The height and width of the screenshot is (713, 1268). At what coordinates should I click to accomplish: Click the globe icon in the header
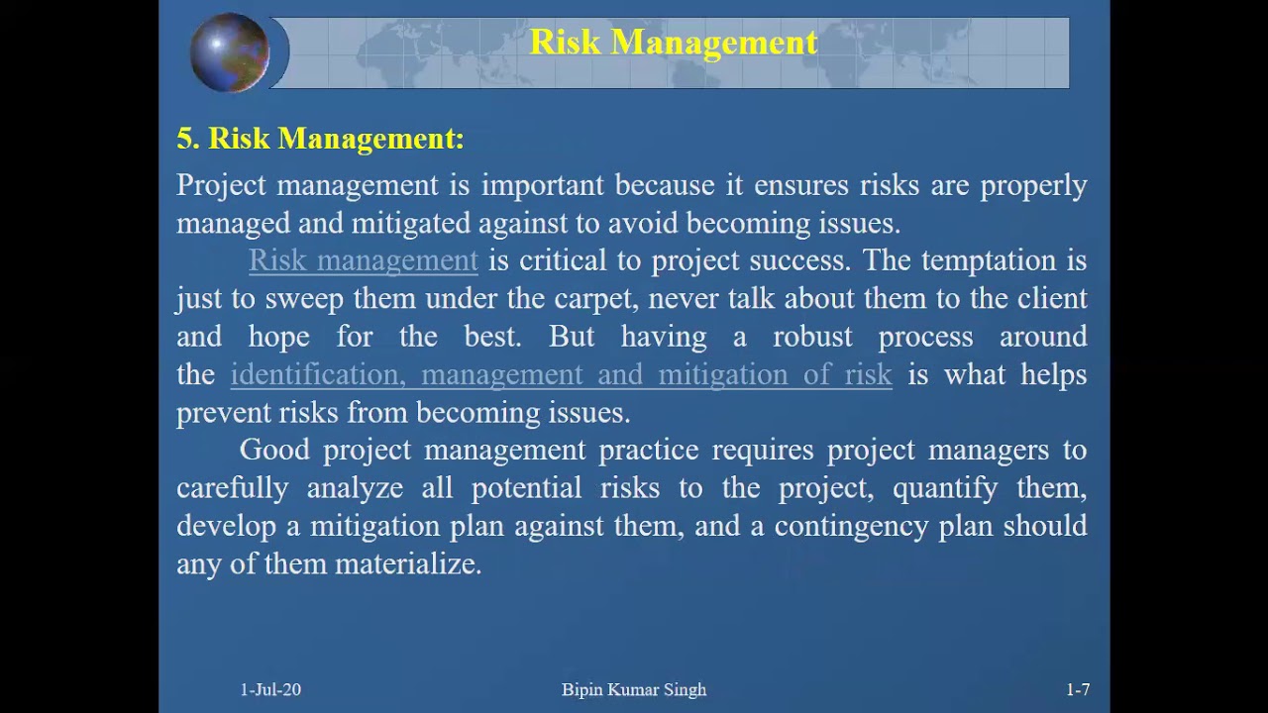coord(230,52)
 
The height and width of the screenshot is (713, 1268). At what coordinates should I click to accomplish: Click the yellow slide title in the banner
coord(674,43)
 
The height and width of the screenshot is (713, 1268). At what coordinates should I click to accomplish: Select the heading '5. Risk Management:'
coord(320,139)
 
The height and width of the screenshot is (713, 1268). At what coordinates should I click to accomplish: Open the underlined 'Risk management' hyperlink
coord(363,260)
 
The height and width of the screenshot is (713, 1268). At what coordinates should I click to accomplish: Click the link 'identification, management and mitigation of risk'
coord(561,374)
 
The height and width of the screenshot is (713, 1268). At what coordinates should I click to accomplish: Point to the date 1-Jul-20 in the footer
coord(270,689)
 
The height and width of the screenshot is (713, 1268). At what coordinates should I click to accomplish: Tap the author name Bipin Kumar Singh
coord(634,689)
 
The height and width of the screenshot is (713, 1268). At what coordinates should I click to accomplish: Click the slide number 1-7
coord(1078,689)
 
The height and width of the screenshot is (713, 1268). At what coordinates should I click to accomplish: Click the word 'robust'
coord(812,337)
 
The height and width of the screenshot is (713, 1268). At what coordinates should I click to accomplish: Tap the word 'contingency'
coord(850,526)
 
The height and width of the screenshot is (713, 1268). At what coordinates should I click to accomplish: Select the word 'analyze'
coord(355,488)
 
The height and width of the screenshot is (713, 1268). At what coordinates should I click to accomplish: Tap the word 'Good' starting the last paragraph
coord(274,451)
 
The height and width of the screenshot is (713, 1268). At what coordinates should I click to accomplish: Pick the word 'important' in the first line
coord(542,185)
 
